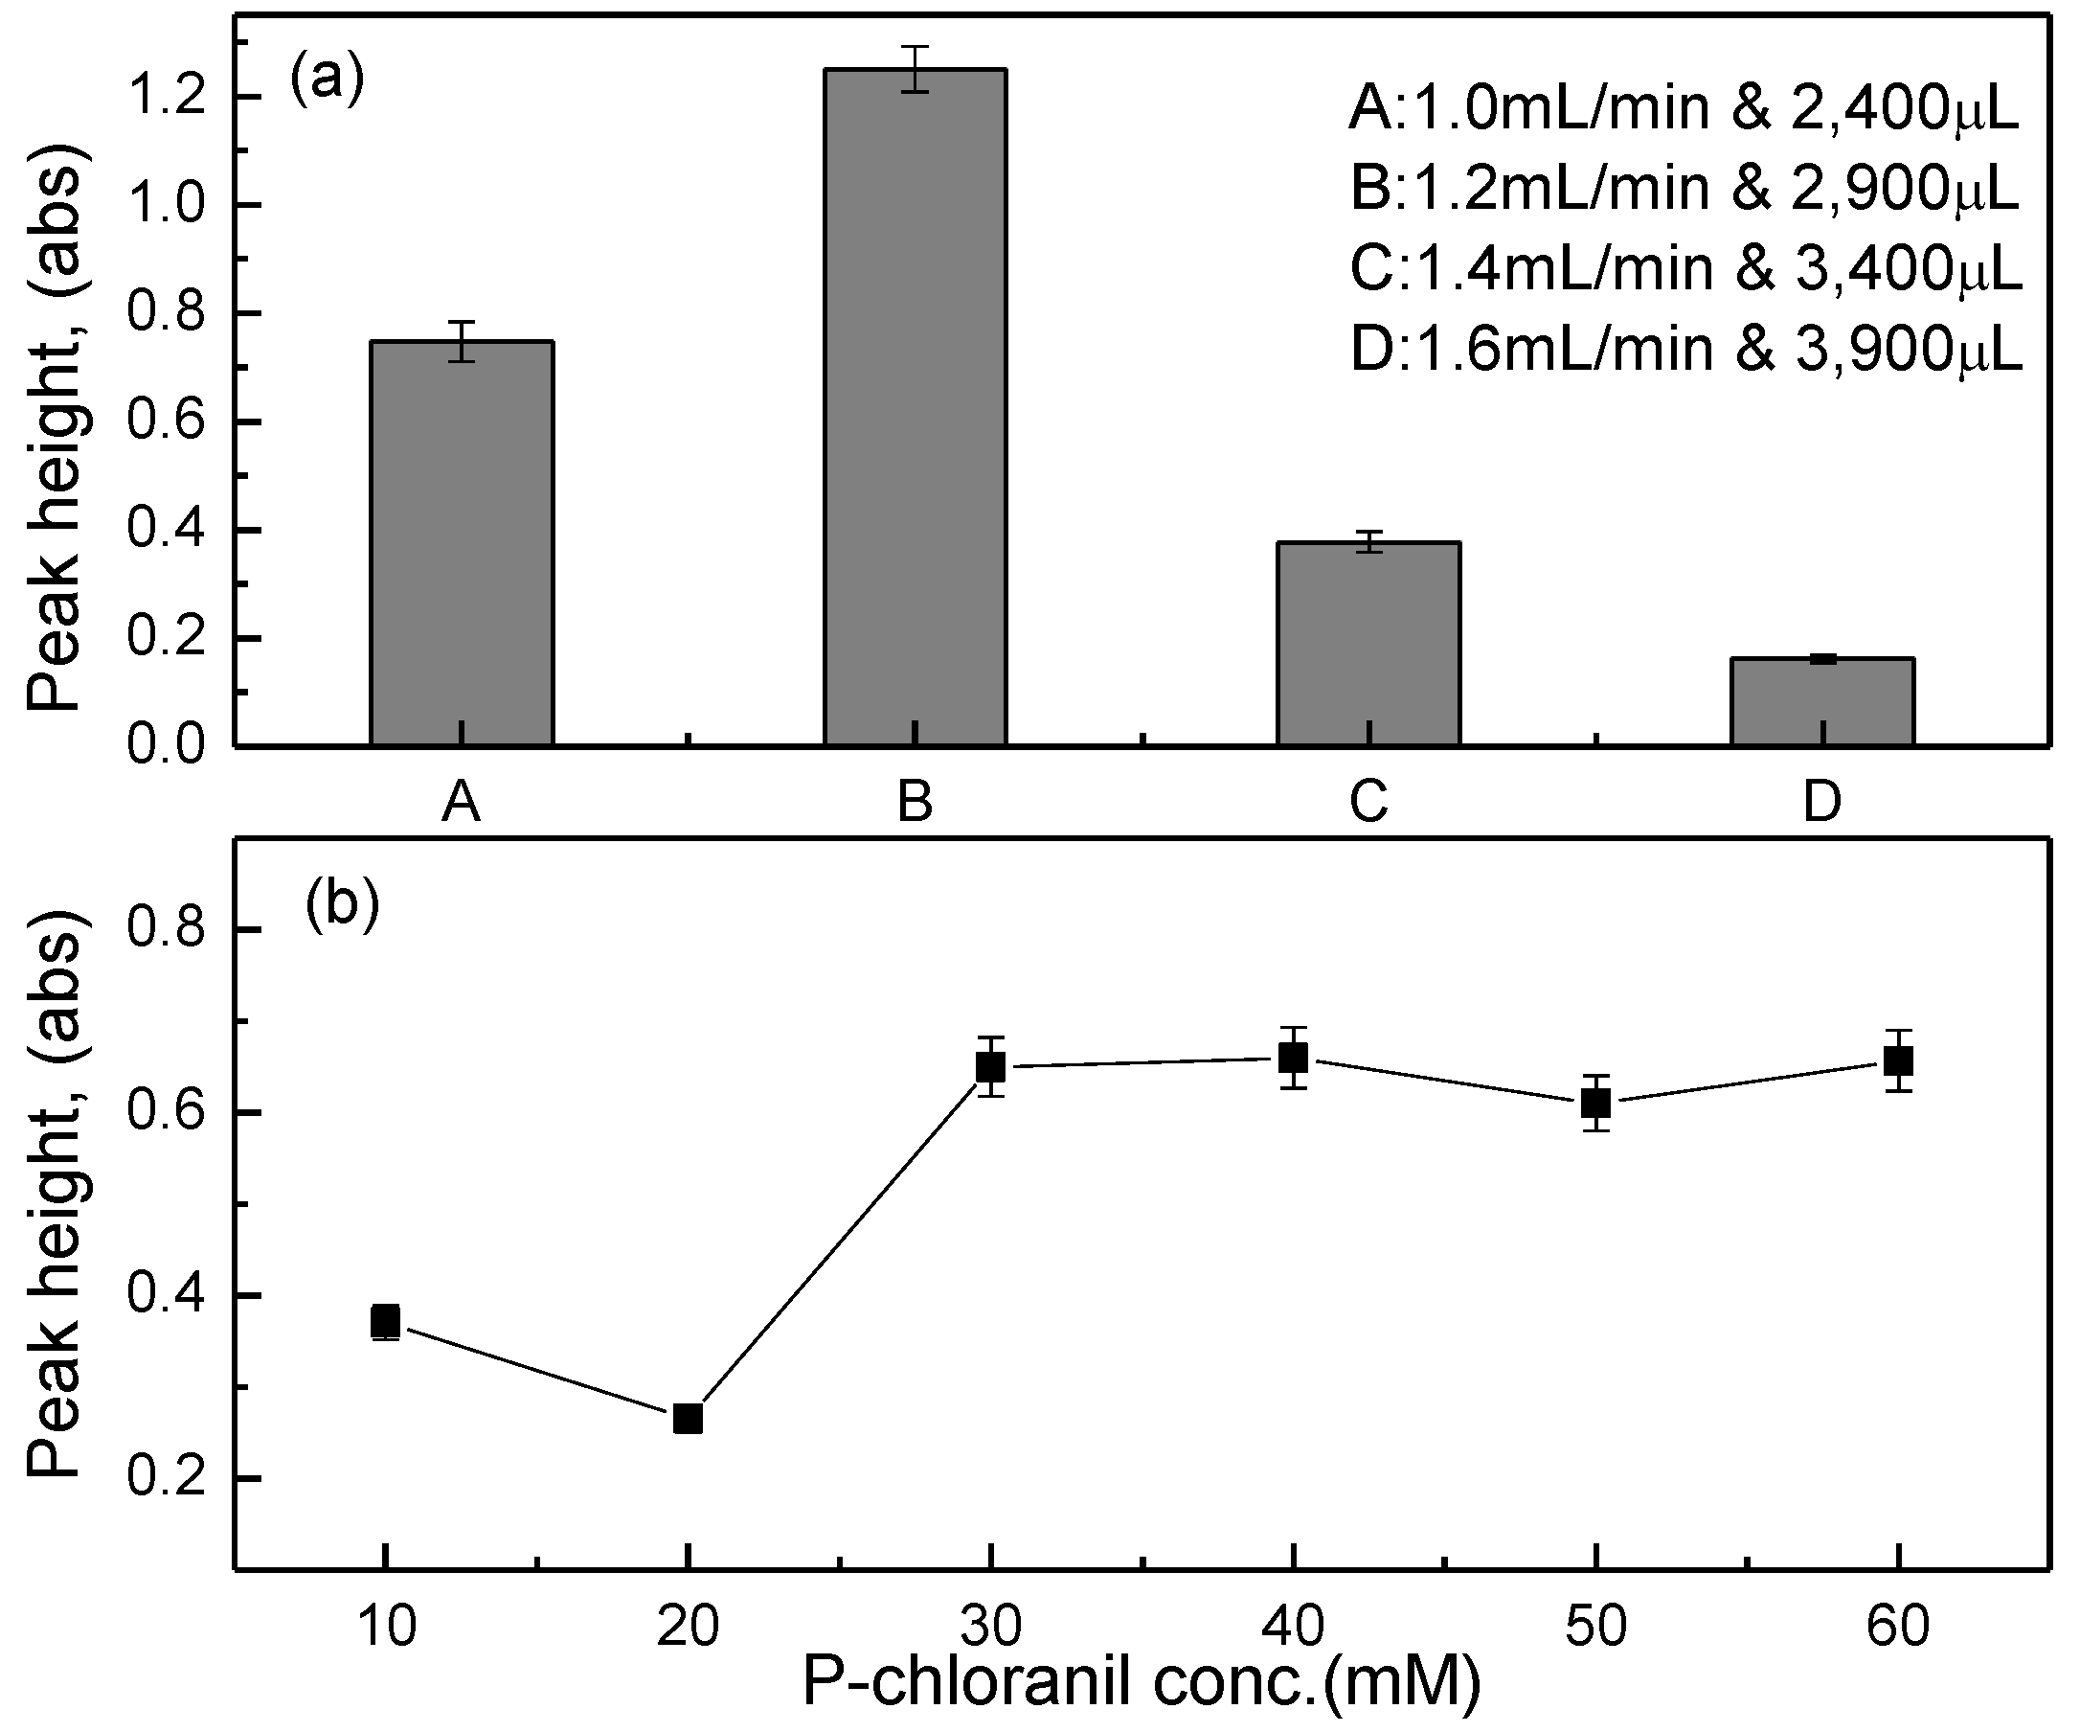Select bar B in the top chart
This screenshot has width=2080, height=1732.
pos(916,406)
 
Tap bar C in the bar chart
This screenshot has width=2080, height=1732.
pos(1368,643)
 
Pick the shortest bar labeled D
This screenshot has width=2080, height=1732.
pos(1821,700)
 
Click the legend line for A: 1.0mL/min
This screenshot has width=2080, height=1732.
pos(1683,108)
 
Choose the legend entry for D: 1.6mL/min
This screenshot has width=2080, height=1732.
pos(1684,349)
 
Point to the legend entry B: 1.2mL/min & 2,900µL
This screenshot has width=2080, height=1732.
pos(1684,189)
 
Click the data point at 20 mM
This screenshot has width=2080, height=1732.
pos(688,1419)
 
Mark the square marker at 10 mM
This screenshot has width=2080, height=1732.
pos(385,1321)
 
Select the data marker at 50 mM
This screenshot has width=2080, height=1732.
pos(1595,1103)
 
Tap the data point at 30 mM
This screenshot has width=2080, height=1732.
pos(990,1067)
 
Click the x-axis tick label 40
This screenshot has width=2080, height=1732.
pos(1293,1627)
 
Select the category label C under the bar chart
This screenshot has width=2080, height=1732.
pos(1368,801)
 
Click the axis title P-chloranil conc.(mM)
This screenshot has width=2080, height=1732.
pos(1141,1683)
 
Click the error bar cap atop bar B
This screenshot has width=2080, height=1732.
pos(916,47)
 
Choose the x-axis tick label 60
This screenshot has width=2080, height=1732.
pos(1898,1627)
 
